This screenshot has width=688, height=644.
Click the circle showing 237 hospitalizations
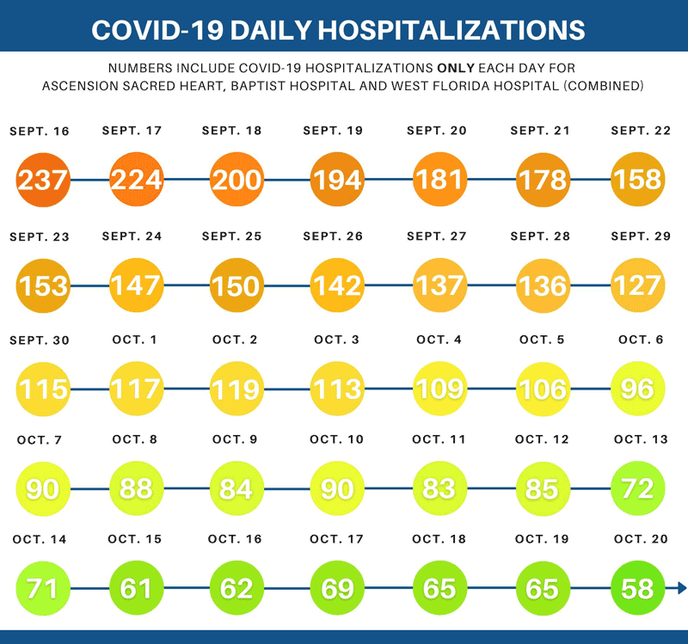(x=44, y=180)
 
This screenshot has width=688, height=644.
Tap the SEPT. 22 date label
(x=641, y=131)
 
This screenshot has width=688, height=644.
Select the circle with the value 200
(x=236, y=179)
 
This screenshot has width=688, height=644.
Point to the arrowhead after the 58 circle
(x=681, y=588)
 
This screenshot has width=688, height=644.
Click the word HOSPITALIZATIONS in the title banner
(x=451, y=29)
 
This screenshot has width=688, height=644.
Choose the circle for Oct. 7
(x=43, y=488)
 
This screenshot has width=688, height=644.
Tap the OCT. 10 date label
(x=336, y=439)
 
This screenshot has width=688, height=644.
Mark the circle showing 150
(x=236, y=285)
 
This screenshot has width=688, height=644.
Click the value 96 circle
(x=637, y=388)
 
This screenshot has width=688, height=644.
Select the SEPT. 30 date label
(x=40, y=340)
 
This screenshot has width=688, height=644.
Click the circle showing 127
(x=637, y=285)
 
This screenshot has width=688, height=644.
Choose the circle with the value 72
(x=637, y=488)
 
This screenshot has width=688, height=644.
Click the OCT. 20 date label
(x=641, y=539)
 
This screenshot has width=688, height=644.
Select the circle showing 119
(x=236, y=388)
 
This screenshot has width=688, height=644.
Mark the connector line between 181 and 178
(x=491, y=180)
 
